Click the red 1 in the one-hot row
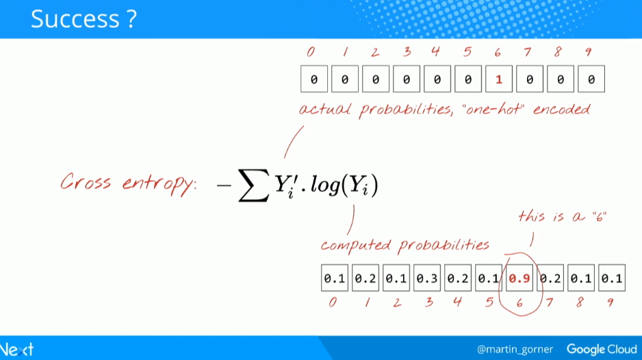(x=499, y=79)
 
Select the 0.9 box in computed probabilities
(x=519, y=278)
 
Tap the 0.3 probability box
(x=427, y=278)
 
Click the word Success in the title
(x=75, y=19)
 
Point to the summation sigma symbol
(x=253, y=185)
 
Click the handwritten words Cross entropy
(x=128, y=183)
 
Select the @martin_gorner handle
(x=515, y=349)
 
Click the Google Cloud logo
(x=602, y=349)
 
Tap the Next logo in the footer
(x=17, y=350)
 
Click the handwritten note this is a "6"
(x=562, y=216)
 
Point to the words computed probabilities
(x=405, y=245)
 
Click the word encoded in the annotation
(x=562, y=109)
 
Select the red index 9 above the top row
(x=589, y=52)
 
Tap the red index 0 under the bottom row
(x=333, y=303)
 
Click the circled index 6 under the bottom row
(x=519, y=303)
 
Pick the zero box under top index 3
(x=406, y=79)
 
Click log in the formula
(x=326, y=185)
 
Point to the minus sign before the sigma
(x=224, y=185)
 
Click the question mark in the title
(x=131, y=19)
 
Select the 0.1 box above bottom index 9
(x=612, y=278)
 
